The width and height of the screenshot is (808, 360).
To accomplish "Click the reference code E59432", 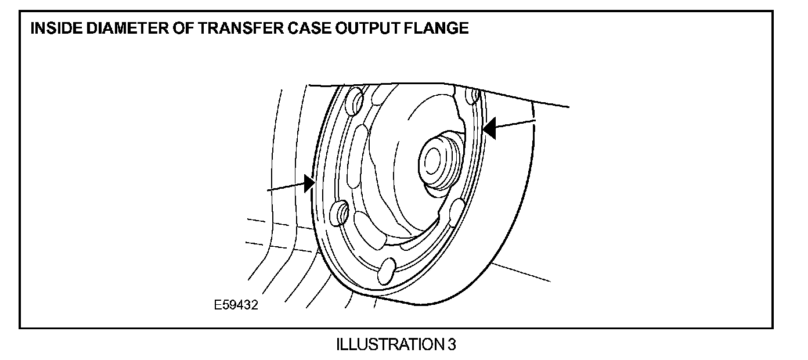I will coord(236,305).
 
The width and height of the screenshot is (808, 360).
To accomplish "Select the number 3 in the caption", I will coord(452,344).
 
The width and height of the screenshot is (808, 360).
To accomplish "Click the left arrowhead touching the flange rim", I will coord(308,183).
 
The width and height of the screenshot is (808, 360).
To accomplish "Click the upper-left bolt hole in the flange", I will coord(354,103).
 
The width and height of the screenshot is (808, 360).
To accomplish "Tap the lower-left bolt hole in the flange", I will coord(338,212).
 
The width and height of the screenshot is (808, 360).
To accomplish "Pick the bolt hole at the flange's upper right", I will coord(475,94).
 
